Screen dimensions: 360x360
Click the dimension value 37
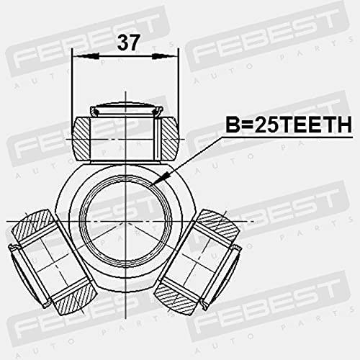click(129, 44)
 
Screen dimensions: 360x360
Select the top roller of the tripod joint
click(125, 137)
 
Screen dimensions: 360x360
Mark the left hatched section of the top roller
click(87, 139)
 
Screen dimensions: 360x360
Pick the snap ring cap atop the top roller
click(125, 110)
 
